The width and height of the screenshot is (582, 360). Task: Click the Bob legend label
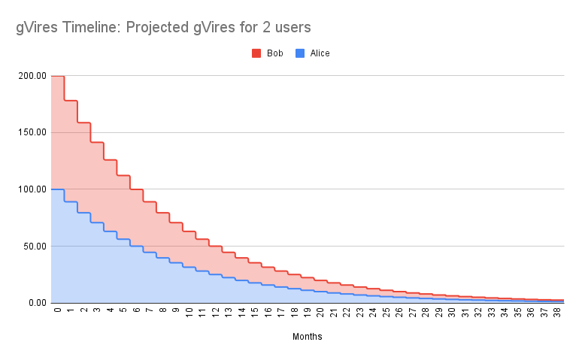(274, 53)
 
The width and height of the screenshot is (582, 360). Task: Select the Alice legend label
(320, 53)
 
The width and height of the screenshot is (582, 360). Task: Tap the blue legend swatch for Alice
(301, 53)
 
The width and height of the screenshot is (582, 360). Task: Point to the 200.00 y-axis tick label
(32, 76)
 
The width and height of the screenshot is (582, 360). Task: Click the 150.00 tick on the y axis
(32, 132)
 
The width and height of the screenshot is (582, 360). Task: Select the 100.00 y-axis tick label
(32, 189)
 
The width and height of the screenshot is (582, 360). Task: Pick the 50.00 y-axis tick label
(34, 246)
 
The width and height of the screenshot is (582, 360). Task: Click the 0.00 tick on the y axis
(36, 303)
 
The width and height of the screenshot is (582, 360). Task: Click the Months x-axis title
(308, 337)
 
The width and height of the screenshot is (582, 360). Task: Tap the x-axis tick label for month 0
(57, 310)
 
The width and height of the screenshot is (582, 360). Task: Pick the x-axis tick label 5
(123, 310)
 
